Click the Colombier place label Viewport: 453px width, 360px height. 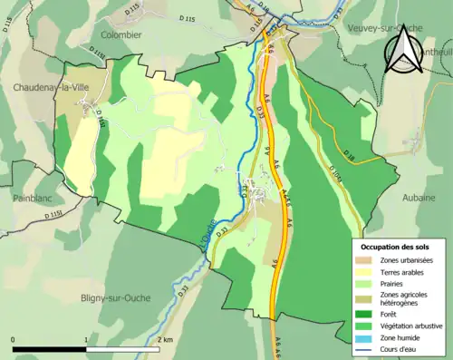tap(122, 34)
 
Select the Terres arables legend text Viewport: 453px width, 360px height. tap(405, 271)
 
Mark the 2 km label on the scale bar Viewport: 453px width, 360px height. tap(165, 339)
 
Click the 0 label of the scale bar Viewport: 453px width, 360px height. tap(13, 339)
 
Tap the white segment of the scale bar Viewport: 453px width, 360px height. tap(124, 347)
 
